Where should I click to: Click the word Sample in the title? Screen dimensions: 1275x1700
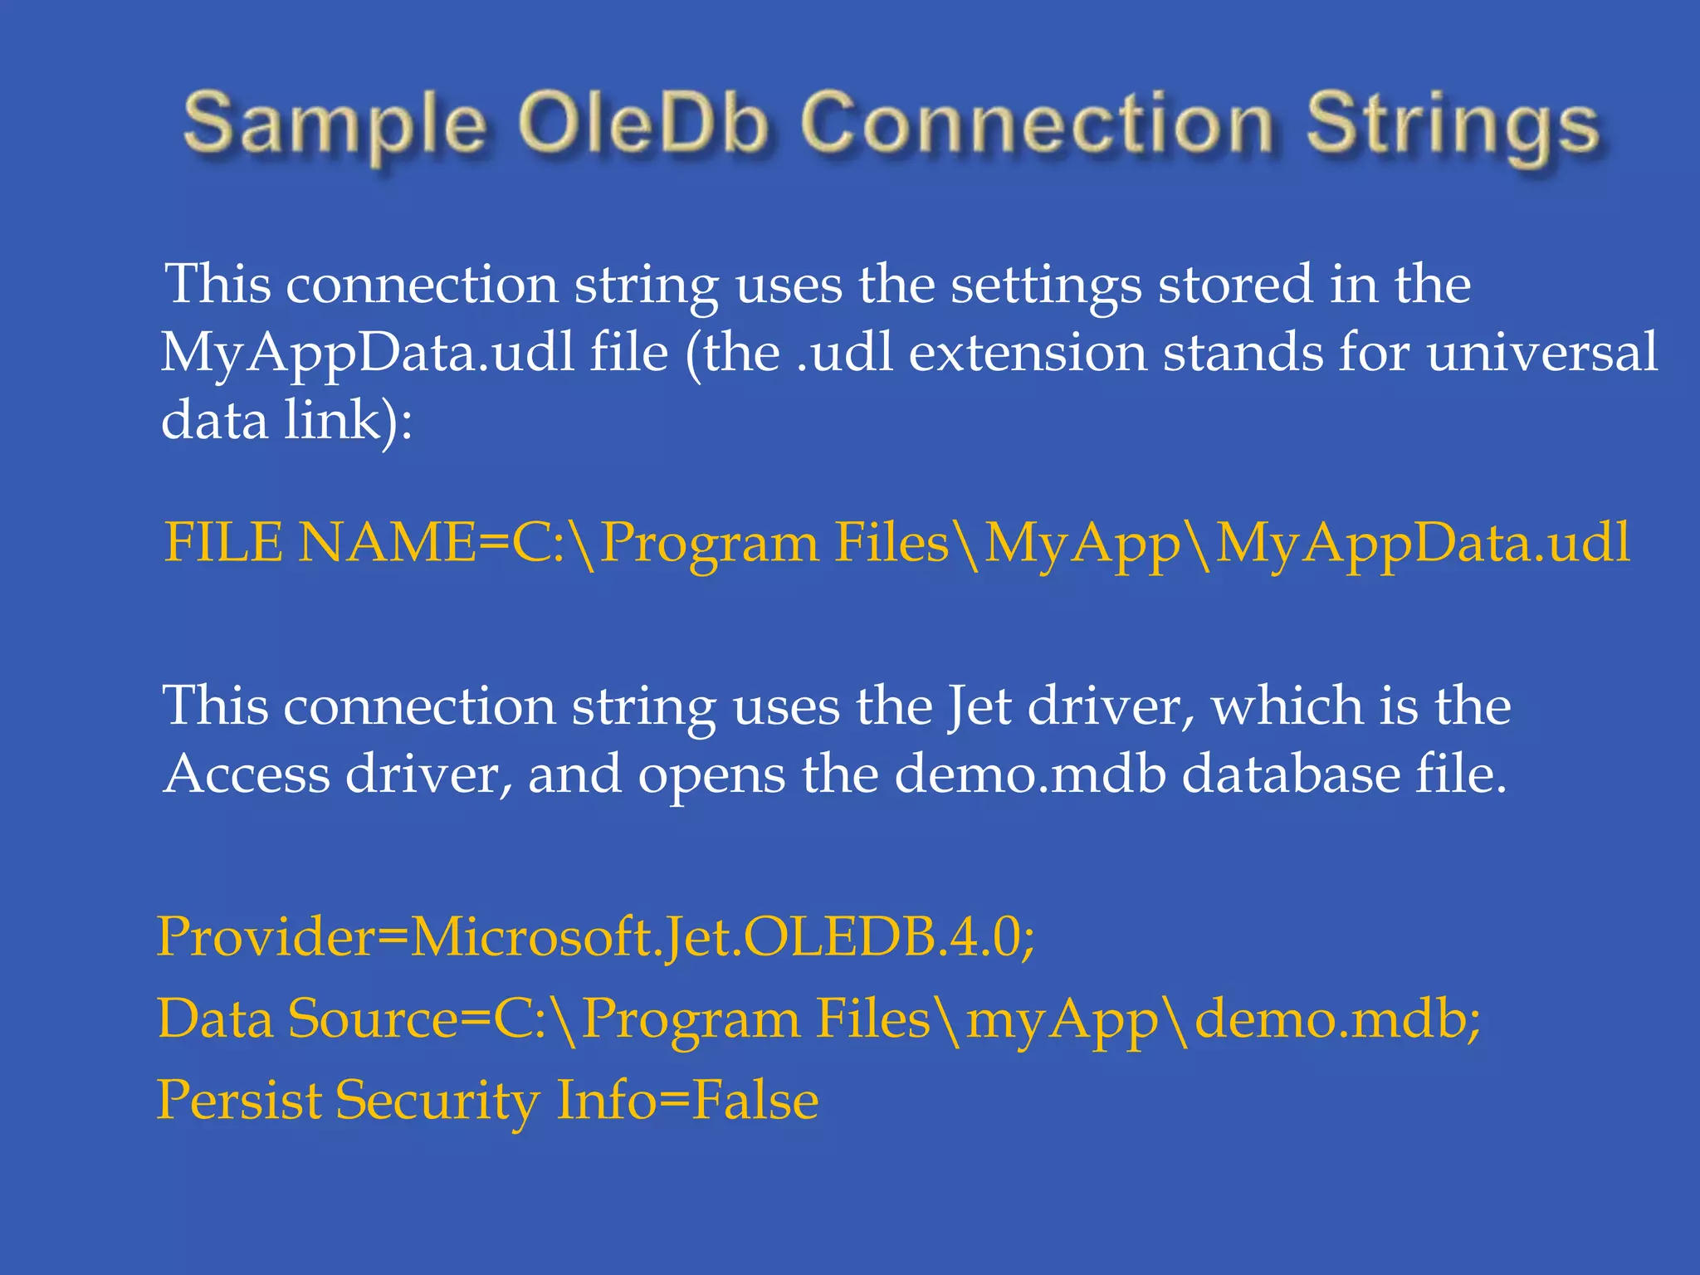334,125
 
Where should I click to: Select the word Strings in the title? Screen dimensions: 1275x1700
1453,125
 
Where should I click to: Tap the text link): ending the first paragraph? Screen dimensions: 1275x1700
349,420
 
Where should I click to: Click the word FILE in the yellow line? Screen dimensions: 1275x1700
224,543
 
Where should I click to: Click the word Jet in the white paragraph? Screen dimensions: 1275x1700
979,707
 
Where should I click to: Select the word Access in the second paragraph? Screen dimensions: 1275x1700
247,774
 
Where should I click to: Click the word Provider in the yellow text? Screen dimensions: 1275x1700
266,937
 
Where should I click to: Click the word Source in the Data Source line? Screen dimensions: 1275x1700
373,1019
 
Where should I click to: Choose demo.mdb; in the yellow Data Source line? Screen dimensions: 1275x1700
1336,1019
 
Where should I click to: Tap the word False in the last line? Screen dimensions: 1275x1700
755,1101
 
